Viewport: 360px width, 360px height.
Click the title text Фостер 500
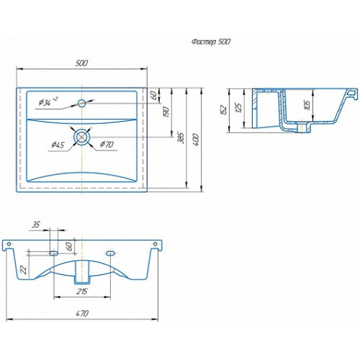(211, 42)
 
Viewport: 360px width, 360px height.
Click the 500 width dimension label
(82, 63)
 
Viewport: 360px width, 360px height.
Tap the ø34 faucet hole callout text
(48, 102)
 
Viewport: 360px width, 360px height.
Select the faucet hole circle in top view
(81, 104)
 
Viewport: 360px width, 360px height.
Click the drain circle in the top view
(81, 137)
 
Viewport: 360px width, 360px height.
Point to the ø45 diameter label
(58, 145)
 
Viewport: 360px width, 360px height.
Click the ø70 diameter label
(107, 144)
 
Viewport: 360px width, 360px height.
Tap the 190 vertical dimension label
(166, 112)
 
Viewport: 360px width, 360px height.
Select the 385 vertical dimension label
(181, 138)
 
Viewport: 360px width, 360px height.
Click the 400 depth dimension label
(196, 140)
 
